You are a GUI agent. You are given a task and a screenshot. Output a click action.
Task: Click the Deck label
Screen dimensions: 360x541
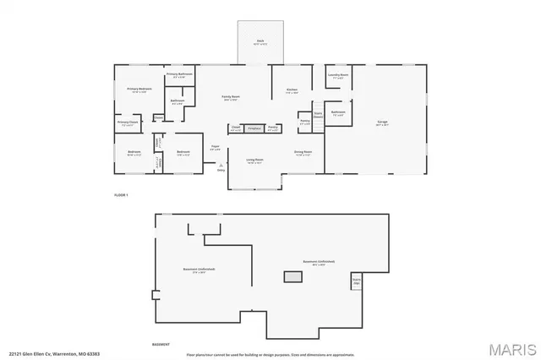(261, 41)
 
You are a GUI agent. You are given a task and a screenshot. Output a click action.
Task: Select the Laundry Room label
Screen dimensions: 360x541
(338, 75)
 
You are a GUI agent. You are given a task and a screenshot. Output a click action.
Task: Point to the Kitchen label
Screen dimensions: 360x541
(292, 90)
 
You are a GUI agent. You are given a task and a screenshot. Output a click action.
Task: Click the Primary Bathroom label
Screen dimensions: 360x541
(179, 75)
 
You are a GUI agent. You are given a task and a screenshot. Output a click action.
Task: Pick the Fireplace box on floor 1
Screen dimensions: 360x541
(254, 128)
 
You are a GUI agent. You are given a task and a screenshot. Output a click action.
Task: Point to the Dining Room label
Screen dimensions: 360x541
(303, 153)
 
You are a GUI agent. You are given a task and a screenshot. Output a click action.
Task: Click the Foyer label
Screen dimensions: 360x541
(216, 149)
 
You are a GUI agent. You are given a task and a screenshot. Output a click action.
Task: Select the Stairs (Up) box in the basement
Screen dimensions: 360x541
(357, 281)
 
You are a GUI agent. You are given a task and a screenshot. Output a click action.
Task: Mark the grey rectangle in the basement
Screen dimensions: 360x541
(293, 275)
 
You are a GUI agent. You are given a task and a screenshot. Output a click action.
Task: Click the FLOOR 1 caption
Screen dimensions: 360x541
(121, 195)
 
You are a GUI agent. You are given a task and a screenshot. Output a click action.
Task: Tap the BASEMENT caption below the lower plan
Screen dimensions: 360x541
(161, 343)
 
